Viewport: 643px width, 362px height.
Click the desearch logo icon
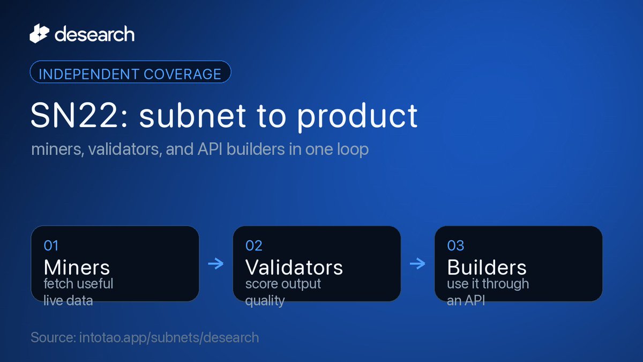pyautogui.click(x=40, y=34)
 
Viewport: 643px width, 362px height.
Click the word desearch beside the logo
pyautogui.click(x=94, y=34)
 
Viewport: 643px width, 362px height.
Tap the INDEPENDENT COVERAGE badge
pyautogui.click(x=130, y=72)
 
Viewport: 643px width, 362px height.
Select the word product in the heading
pyautogui.click(x=357, y=117)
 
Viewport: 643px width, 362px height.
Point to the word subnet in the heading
pyautogui.click(x=192, y=115)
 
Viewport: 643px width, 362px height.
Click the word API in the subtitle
pyautogui.click(x=210, y=150)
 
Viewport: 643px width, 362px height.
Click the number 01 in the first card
pyautogui.click(x=51, y=246)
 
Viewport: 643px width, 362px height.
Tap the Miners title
pyautogui.click(x=77, y=268)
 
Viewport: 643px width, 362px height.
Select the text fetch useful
pyautogui.click(x=78, y=284)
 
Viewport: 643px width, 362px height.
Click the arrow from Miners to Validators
pyautogui.click(x=216, y=263)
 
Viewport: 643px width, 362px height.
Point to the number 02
pyautogui.click(x=254, y=246)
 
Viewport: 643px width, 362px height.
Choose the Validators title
pyautogui.click(x=294, y=268)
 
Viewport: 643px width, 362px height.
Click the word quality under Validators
pyautogui.click(x=265, y=301)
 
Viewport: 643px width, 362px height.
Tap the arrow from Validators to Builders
pyautogui.click(x=417, y=263)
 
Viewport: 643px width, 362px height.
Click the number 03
pyautogui.click(x=455, y=246)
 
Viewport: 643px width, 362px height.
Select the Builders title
pyautogui.click(x=487, y=268)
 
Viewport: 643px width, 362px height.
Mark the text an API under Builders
pyautogui.click(x=466, y=301)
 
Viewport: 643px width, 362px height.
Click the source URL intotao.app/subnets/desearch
pyautogui.click(x=169, y=337)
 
